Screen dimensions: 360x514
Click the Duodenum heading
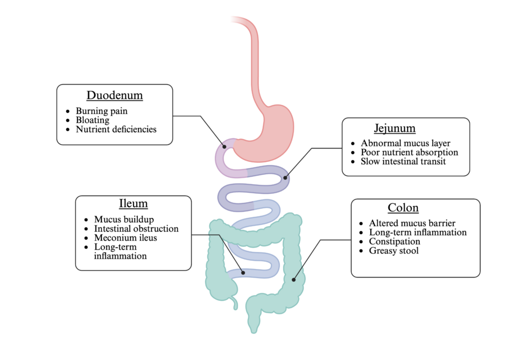click(114, 95)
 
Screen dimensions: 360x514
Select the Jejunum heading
click(395, 128)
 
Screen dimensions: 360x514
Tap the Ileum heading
click(133, 203)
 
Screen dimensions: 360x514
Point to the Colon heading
click(403, 207)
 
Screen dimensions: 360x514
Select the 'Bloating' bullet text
click(92, 120)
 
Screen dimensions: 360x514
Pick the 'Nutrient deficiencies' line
click(116, 129)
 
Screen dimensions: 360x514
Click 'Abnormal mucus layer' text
click(406, 143)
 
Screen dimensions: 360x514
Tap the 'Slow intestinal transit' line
click(403, 161)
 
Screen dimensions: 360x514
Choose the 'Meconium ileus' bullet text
click(125, 237)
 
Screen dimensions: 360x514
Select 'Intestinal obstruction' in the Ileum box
click(136, 228)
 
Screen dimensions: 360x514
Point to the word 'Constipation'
click(395, 242)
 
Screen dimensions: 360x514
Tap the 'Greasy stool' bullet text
click(394, 251)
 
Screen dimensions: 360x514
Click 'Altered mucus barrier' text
click(413, 223)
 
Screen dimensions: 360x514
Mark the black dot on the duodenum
click(225, 147)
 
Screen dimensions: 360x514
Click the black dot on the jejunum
click(285, 177)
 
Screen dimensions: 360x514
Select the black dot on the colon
click(294, 279)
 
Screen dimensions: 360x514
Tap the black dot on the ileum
click(243, 273)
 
